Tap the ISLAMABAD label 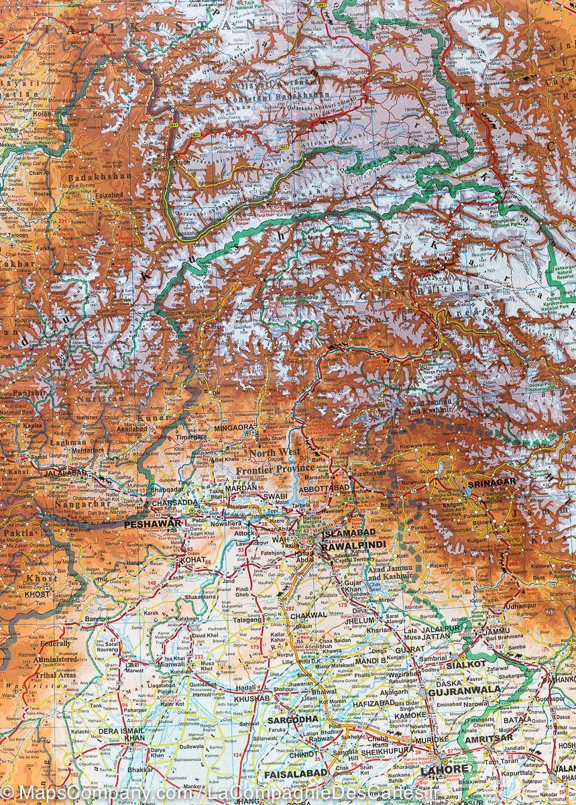pos(348,533)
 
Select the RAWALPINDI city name pos(353,545)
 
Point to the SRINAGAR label pos(493,482)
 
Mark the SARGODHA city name pos(293,719)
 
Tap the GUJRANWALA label pos(463,689)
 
